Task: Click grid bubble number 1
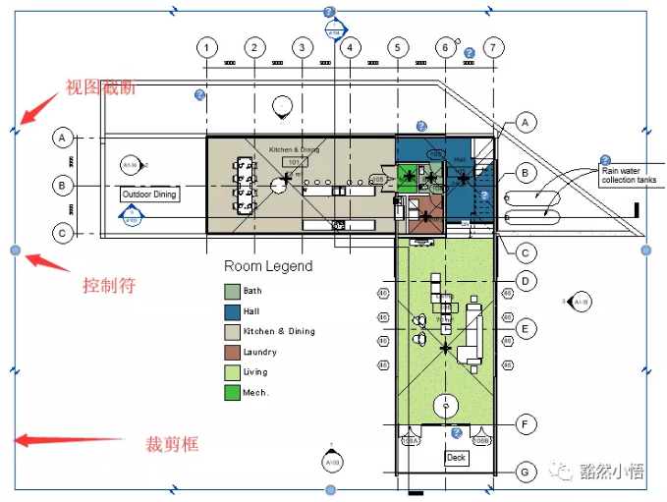coord(206,47)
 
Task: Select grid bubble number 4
coord(350,47)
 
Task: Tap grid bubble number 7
coord(493,47)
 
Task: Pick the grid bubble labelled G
coord(527,473)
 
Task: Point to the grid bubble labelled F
coord(527,424)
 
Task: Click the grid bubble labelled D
coord(527,282)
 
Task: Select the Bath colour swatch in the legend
coord(232,291)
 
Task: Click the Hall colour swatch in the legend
coord(232,311)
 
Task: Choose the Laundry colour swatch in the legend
coord(232,352)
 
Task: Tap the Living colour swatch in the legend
coord(232,372)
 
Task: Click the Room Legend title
coord(268,266)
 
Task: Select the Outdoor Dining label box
coord(149,195)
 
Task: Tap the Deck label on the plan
coord(456,458)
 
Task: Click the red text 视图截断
coord(99,87)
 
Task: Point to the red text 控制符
coord(109,286)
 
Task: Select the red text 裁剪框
coord(172,444)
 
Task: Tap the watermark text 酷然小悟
coord(611,472)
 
